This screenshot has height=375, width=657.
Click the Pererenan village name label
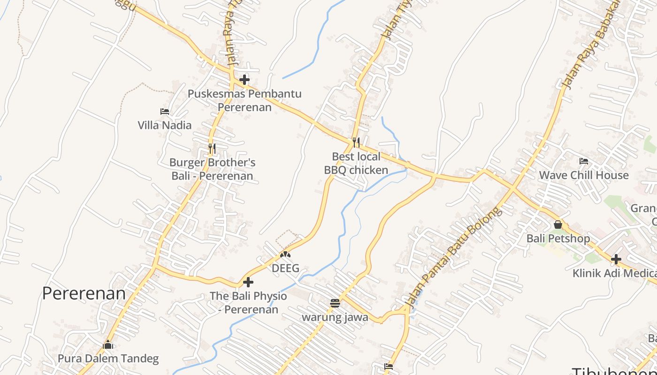coord(84,293)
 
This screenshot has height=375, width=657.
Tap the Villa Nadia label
coord(164,125)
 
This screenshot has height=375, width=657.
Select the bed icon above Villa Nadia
coord(164,112)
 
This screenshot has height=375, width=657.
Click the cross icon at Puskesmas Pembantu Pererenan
coord(244,80)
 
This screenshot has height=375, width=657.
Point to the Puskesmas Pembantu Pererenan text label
coord(244,100)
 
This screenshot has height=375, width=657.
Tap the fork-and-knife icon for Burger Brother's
coord(212,149)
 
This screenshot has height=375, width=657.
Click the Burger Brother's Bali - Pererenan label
coord(212,169)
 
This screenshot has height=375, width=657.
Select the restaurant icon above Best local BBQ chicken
coord(356,142)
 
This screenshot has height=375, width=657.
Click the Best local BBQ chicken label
coord(356,163)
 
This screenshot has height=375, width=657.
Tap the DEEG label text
coord(285,269)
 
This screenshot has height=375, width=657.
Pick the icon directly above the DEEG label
coord(285,255)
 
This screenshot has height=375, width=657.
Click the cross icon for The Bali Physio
coord(248,282)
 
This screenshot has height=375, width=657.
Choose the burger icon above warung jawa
coord(335,303)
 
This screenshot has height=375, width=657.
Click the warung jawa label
coord(335,317)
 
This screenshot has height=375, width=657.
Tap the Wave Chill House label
coord(583,175)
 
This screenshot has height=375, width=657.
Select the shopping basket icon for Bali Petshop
coord(558,225)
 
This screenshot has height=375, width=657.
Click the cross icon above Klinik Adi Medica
coord(616,259)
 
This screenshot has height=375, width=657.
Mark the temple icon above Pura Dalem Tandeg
coord(108,345)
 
